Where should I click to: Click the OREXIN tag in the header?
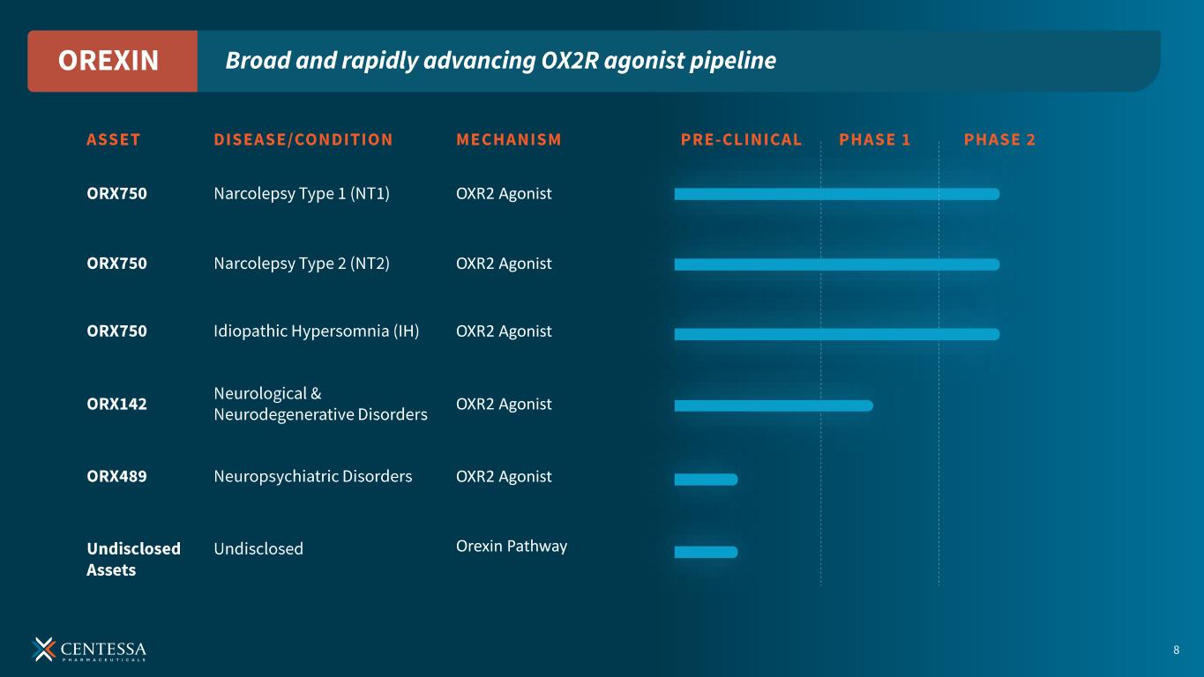tap(108, 61)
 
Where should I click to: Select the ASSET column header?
tap(114, 139)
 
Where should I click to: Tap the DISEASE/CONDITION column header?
tap(303, 139)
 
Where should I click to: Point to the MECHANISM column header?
tap(509, 139)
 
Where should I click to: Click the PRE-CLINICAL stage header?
tap(742, 139)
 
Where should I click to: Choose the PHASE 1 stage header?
tap(875, 139)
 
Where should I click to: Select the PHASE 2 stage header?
tap(999, 139)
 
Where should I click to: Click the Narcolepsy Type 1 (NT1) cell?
tap(302, 194)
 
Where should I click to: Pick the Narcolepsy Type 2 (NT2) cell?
tap(302, 264)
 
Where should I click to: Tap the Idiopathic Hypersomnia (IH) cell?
tap(317, 331)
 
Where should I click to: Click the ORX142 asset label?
tap(117, 405)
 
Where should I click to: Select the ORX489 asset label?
tap(117, 477)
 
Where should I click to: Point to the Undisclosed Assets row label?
tap(133, 559)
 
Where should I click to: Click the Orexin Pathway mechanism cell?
tap(512, 547)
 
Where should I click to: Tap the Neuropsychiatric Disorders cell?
tap(313, 477)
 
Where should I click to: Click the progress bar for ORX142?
tap(774, 405)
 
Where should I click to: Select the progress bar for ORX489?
tap(706, 480)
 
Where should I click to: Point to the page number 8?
tap(1176, 651)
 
